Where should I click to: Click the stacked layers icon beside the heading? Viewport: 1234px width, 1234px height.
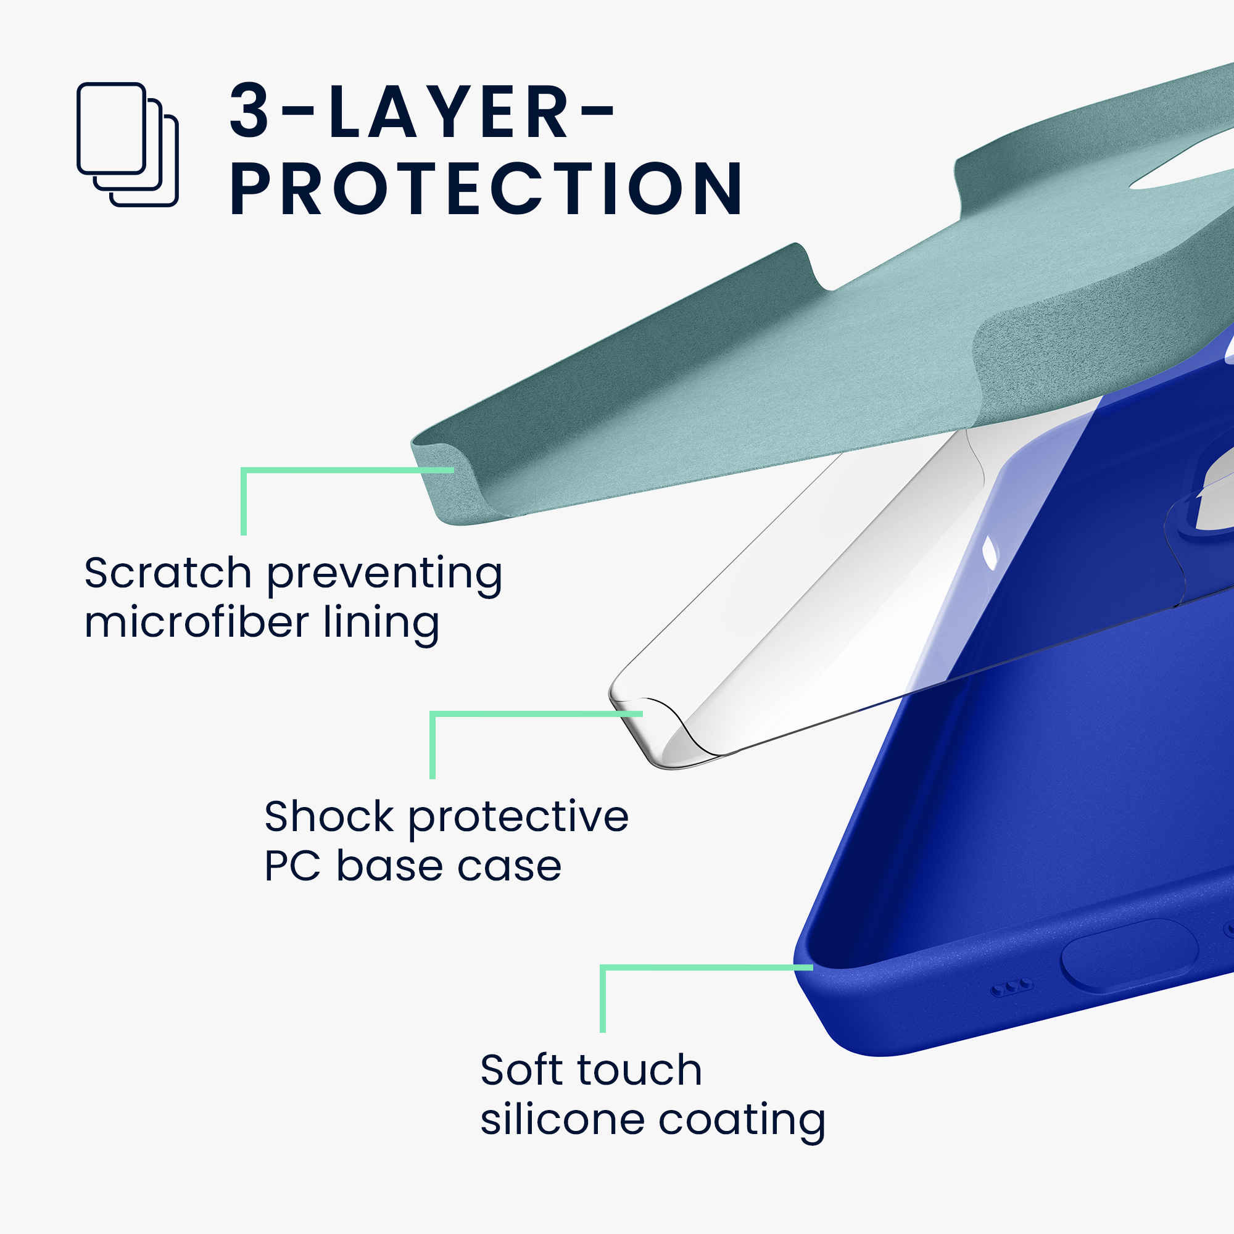coord(128,144)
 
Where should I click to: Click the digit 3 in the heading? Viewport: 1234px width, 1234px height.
coord(249,110)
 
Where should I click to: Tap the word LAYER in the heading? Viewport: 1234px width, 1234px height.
coord(449,110)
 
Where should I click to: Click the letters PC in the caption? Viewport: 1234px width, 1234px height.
coord(292,866)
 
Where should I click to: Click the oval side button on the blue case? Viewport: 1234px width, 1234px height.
coord(1128,956)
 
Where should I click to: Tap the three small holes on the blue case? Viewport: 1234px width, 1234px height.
coord(1011,988)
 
